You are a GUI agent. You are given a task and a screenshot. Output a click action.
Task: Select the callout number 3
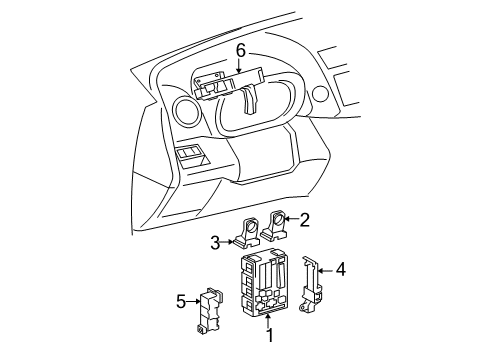[x=215, y=241]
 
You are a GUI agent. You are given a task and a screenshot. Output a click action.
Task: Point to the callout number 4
[x=341, y=268]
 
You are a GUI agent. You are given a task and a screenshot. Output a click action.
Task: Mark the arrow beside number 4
[x=326, y=268]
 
